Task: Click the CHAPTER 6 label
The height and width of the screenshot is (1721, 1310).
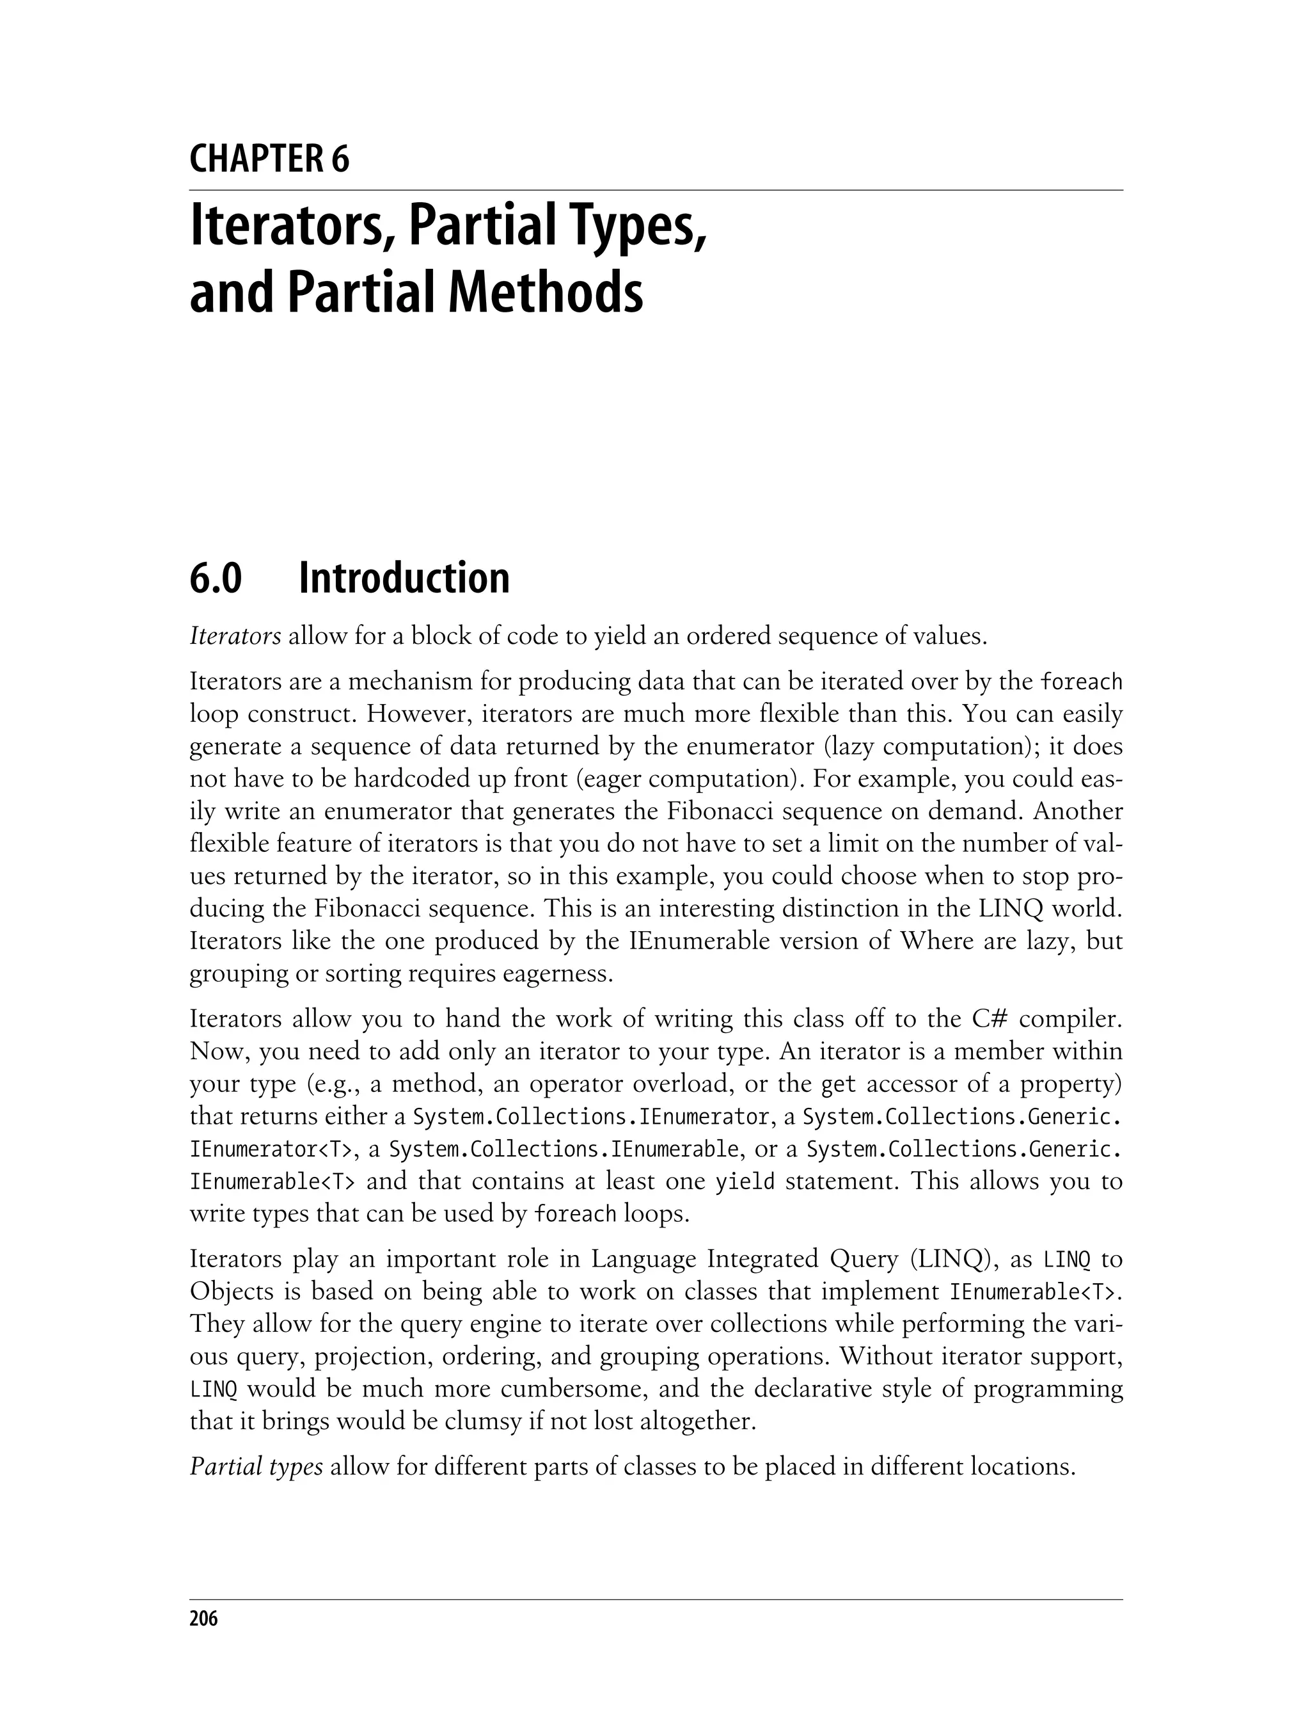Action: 269,159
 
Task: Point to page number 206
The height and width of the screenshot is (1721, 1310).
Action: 203,1619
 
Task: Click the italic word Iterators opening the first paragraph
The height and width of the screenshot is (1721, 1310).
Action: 235,637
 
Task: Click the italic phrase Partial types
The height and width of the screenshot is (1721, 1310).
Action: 256,1468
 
